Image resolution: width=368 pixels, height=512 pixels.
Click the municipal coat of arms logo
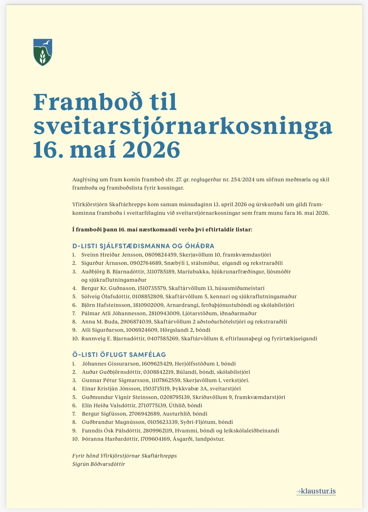[43, 52]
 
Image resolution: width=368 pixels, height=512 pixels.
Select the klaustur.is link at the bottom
[316, 491]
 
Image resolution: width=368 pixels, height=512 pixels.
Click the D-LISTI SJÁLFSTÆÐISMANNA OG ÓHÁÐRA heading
[143, 246]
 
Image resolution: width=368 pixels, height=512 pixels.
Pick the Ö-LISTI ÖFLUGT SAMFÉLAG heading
[119, 354]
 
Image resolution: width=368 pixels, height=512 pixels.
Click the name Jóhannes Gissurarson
[110, 364]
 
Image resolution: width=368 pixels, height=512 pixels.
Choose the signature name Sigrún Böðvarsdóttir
[99, 464]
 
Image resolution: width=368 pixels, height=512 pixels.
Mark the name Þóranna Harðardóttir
[110, 439]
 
